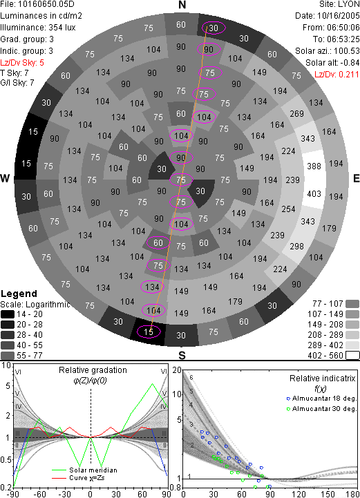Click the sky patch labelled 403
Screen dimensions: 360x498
314,194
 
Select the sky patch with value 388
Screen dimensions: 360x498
314,166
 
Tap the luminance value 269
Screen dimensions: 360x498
296,114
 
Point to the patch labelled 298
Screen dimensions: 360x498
296,246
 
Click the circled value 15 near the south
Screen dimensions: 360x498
149,332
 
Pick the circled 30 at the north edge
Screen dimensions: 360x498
214,28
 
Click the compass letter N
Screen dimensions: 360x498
182,5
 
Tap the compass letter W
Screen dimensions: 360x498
5,178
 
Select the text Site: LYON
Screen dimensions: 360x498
339,4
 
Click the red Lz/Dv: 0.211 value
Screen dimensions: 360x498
337,75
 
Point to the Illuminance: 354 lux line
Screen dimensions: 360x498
38,28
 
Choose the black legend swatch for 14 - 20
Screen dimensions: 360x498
8,314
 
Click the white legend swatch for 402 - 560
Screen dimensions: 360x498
352,356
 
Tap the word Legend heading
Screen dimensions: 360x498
19,294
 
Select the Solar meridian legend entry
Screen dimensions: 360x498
84,470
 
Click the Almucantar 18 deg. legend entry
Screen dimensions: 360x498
321,399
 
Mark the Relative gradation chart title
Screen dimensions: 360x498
93,370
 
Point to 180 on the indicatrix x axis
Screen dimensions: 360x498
353,494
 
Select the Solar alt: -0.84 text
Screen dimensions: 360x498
332,63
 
